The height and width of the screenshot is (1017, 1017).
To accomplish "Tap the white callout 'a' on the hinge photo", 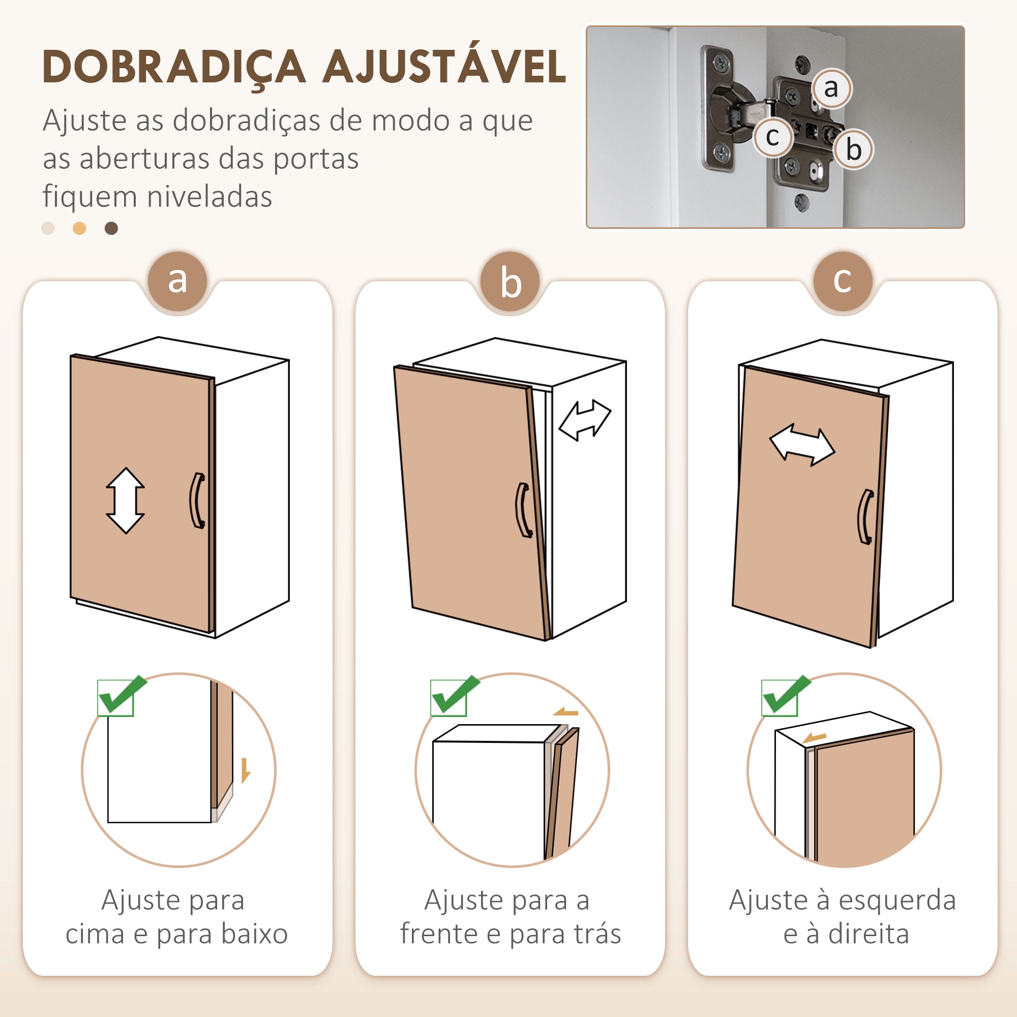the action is coord(831,88).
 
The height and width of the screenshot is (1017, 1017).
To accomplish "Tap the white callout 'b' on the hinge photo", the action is coord(853,149).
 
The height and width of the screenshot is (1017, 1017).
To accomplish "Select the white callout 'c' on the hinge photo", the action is coord(773,137).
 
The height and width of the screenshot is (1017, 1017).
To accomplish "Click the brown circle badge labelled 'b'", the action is coord(511,281).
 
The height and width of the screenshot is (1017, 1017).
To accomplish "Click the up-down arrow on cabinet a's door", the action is coord(125,500).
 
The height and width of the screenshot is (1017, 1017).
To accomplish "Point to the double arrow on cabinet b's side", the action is coord(585,420).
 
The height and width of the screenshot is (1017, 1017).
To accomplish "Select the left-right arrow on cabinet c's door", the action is coord(802,445).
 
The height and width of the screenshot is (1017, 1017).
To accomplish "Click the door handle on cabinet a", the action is coord(197,500).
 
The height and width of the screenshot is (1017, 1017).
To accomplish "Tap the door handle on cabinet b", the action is coord(523,510).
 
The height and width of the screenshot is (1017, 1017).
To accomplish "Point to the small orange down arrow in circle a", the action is coord(245,771).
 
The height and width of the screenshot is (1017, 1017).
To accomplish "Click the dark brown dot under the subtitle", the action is coord(111,228).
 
